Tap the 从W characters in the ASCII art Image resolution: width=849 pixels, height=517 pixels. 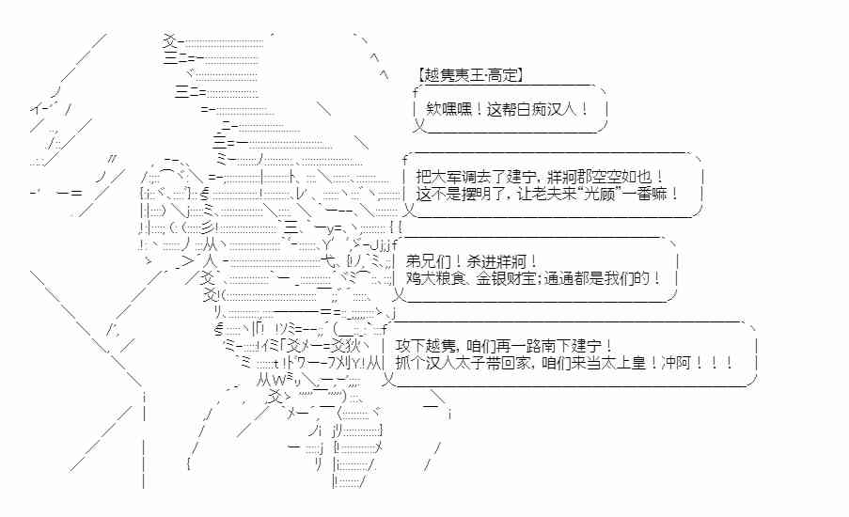268,380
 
